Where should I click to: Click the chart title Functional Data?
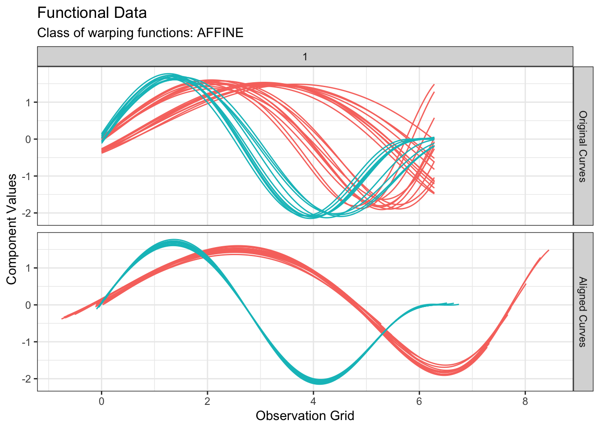click(x=92, y=13)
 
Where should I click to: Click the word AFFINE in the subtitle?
click(x=220, y=33)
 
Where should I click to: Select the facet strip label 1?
click(x=305, y=57)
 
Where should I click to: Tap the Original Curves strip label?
click(x=583, y=146)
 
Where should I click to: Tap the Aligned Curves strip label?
click(x=583, y=312)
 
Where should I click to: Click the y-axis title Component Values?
click(x=12, y=229)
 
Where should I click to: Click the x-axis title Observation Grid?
click(x=305, y=416)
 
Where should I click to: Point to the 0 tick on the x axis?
click(x=101, y=401)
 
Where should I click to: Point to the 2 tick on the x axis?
click(x=207, y=401)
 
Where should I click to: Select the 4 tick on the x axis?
click(x=313, y=401)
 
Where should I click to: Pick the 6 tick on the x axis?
click(x=419, y=401)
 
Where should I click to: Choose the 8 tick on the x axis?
click(x=525, y=401)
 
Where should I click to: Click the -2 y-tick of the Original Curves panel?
click(x=26, y=213)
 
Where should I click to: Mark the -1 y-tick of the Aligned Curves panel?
click(x=26, y=342)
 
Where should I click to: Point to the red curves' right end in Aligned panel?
click(x=548, y=251)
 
